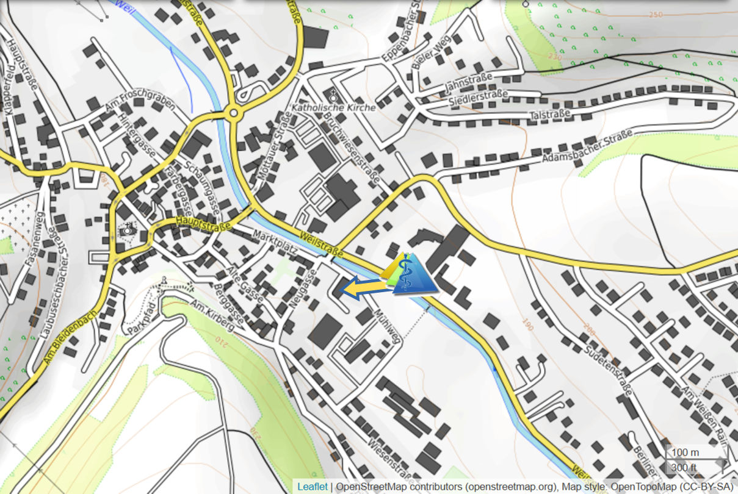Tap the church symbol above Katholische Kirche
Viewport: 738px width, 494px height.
[x=333, y=95]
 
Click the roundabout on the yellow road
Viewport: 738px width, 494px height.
[x=233, y=112]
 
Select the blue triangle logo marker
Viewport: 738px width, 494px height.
[x=415, y=276]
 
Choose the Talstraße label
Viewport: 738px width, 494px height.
[x=551, y=114]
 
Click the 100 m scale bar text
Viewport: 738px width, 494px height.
[x=686, y=453]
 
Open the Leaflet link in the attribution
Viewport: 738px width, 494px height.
[x=312, y=486]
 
